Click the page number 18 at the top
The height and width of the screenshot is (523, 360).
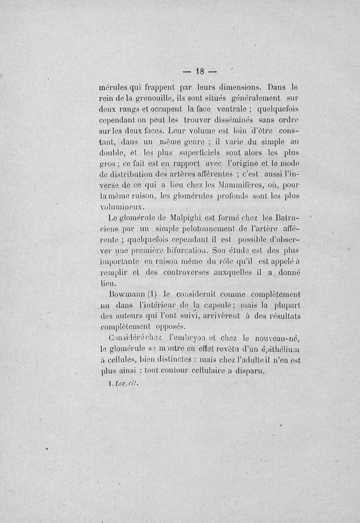click(x=200, y=71)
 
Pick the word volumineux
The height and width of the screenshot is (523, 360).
click(x=121, y=207)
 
